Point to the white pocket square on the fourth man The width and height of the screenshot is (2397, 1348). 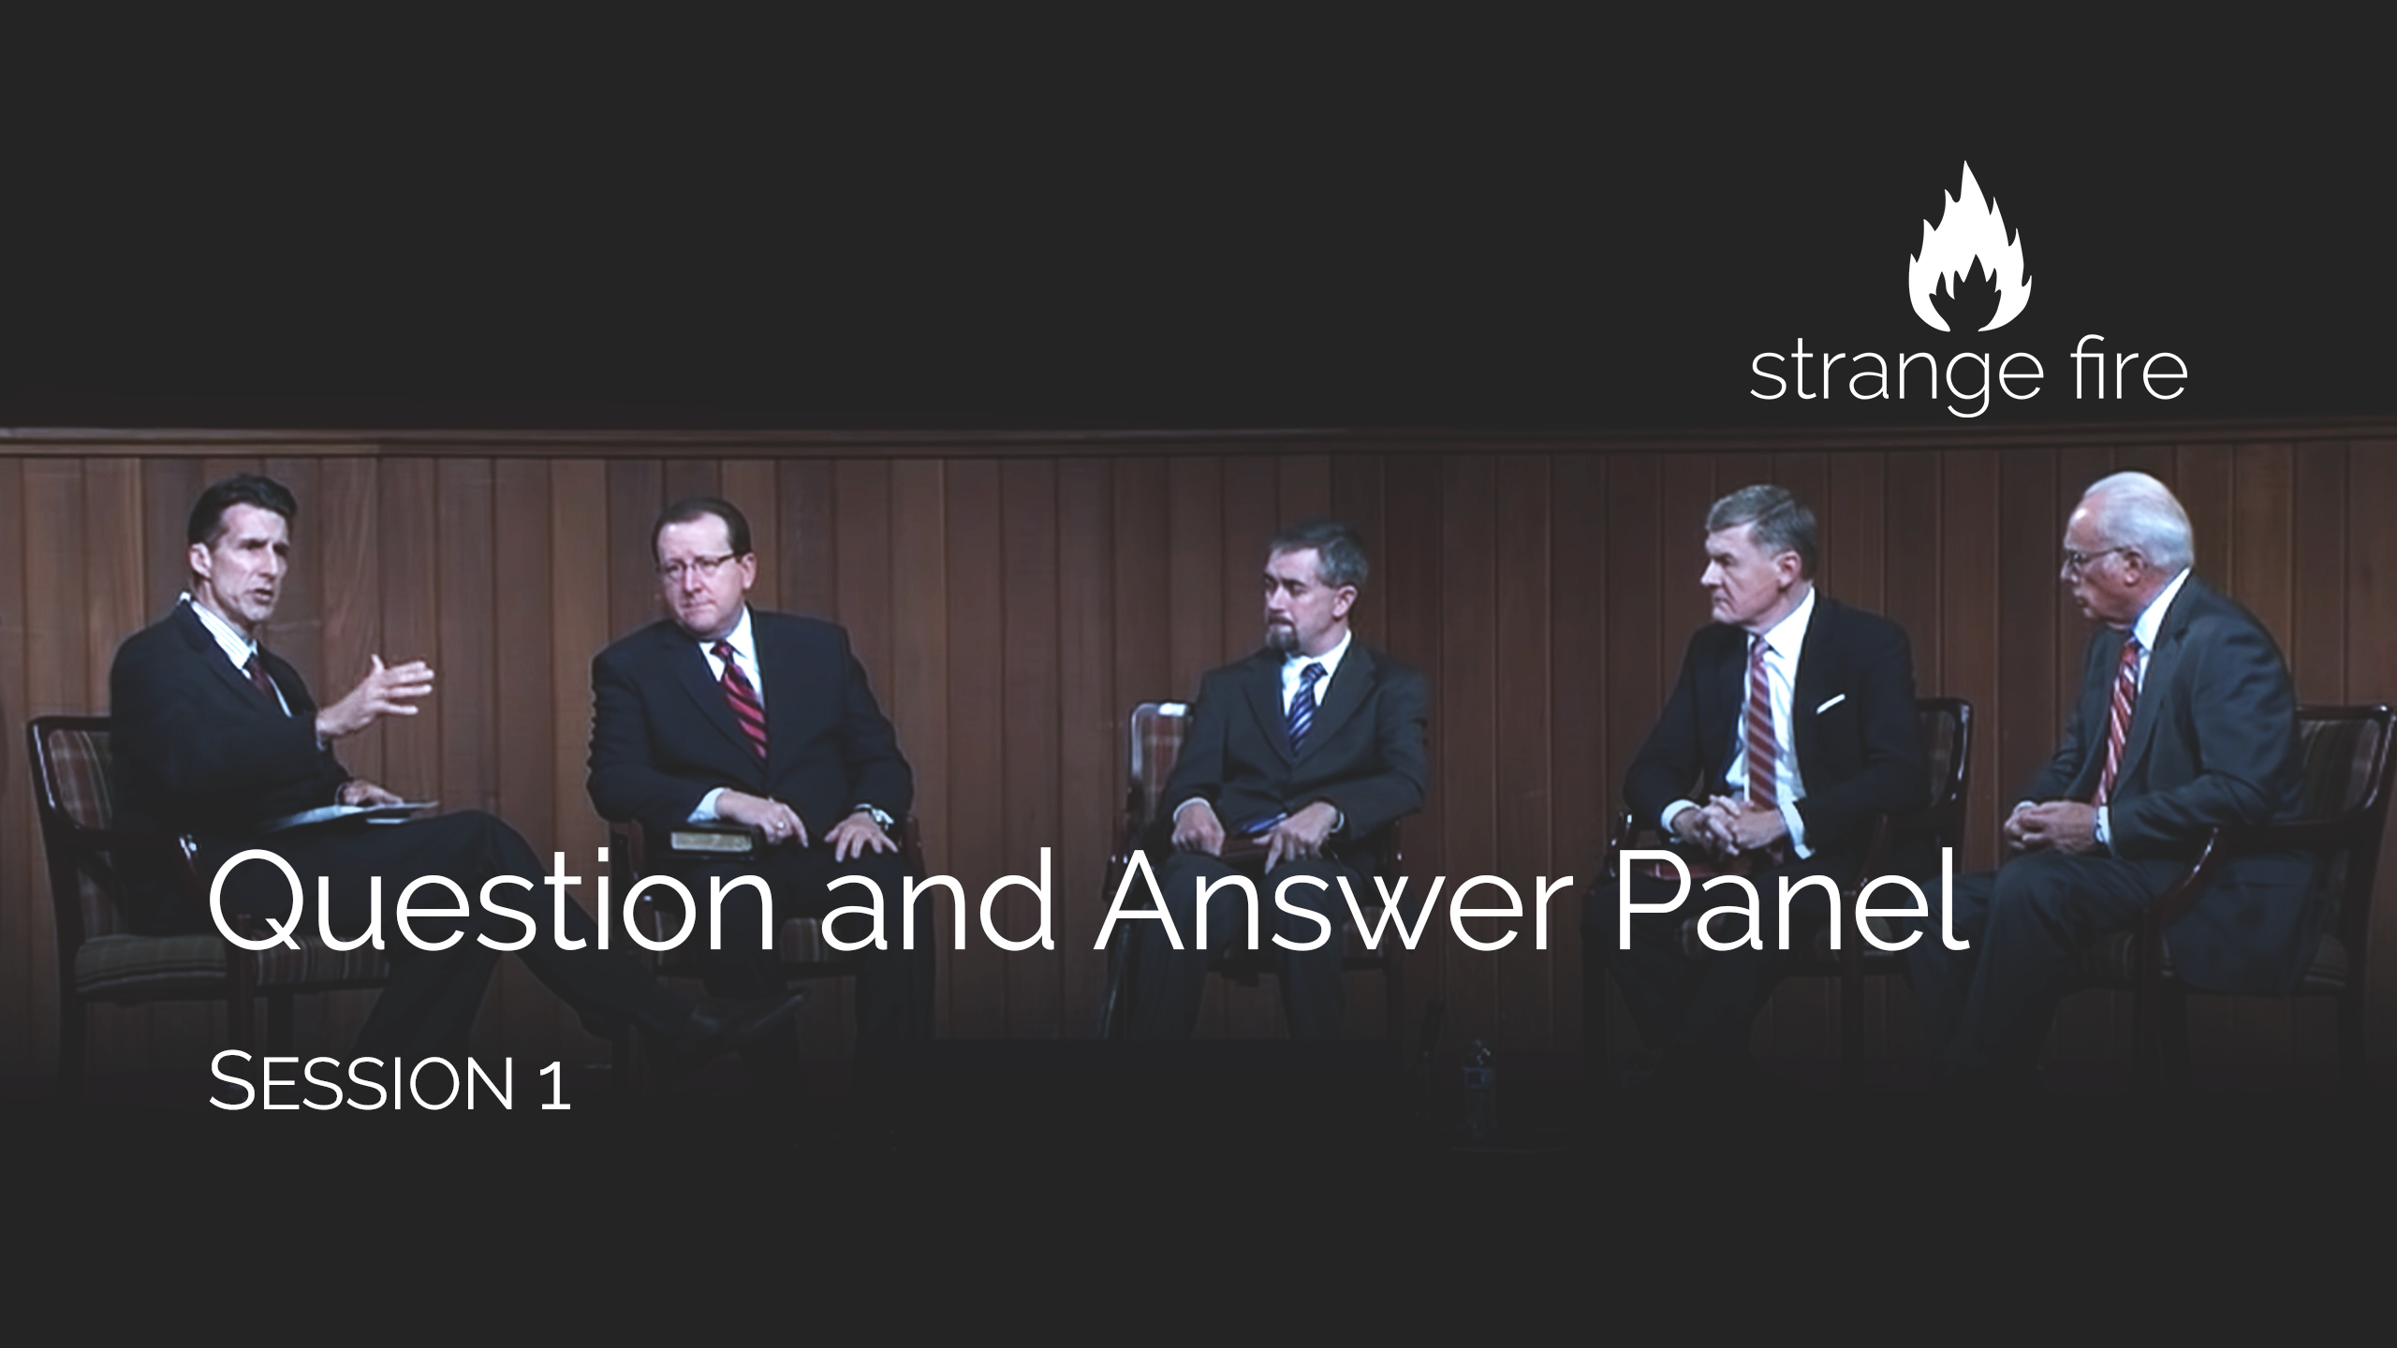coord(1830,702)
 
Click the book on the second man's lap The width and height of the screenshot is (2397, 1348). coord(712,839)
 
